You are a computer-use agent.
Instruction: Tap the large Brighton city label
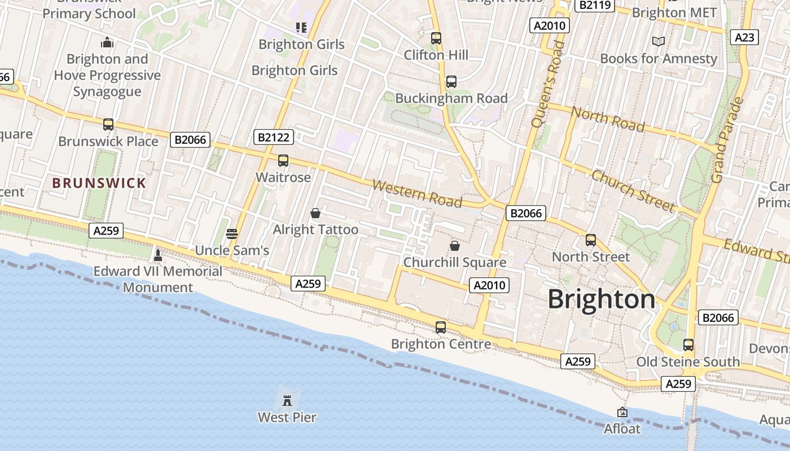point(602,299)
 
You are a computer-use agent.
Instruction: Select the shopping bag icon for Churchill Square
point(454,246)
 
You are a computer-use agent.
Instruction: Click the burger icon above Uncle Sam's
point(231,233)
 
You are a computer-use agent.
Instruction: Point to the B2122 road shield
point(274,137)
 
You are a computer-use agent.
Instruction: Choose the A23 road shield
point(744,37)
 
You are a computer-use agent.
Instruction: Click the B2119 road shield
point(594,5)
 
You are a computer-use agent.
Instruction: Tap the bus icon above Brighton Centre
point(441,327)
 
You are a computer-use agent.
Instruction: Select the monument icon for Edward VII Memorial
point(158,255)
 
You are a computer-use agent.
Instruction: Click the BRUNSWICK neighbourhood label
point(99,183)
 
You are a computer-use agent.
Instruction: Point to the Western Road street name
point(417,193)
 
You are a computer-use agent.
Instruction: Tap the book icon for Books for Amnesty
point(658,41)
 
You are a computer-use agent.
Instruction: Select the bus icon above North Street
point(591,240)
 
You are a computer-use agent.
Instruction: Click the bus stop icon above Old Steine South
point(688,345)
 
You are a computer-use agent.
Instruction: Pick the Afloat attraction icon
point(622,413)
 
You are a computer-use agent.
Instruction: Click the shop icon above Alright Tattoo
point(315,213)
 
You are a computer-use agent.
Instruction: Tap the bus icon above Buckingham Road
point(451,82)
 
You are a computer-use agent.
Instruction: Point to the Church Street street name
point(633,191)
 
